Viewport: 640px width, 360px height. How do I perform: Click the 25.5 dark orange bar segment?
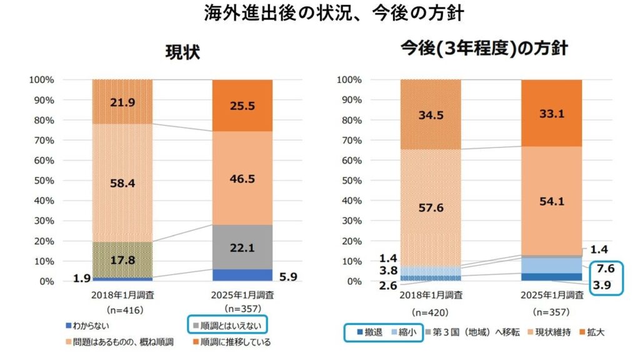[x=242, y=106]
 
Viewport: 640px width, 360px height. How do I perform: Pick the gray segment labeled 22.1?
[x=242, y=246]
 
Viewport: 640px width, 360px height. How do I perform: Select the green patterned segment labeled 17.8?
[x=122, y=259]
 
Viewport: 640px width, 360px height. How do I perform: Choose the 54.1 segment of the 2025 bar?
[x=551, y=201]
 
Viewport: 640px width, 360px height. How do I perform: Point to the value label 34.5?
[x=430, y=114]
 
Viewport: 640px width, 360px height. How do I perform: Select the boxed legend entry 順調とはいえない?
[x=227, y=326]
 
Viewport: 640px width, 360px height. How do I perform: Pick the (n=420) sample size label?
[x=430, y=311]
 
